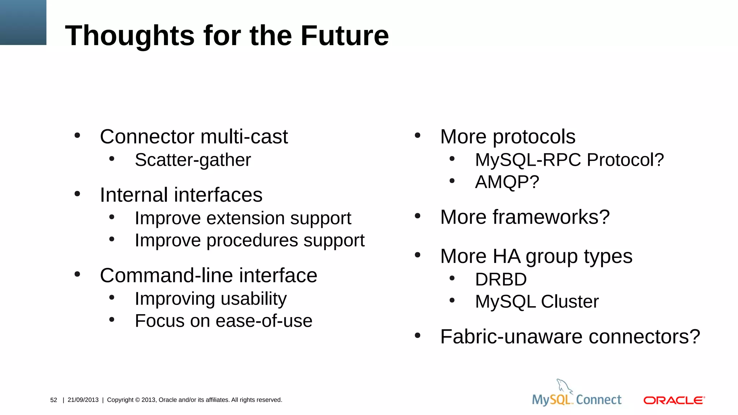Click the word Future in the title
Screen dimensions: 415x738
tap(344, 36)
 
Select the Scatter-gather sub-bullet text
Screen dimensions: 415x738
tap(193, 160)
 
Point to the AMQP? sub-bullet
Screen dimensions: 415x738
tap(507, 182)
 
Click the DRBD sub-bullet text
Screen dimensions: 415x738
tap(501, 280)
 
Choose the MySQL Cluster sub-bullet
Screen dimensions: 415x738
tap(537, 302)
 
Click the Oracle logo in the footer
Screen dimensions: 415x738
tap(674, 400)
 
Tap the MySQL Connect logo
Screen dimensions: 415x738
tap(577, 400)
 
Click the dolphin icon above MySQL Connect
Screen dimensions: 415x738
tap(564, 386)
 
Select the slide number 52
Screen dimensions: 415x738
tap(54, 400)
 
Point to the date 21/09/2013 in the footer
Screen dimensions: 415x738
tap(83, 400)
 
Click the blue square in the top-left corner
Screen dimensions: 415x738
tap(23, 22)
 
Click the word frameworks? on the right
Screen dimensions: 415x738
tap(551, 217)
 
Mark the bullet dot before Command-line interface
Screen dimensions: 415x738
tap(77, 275)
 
